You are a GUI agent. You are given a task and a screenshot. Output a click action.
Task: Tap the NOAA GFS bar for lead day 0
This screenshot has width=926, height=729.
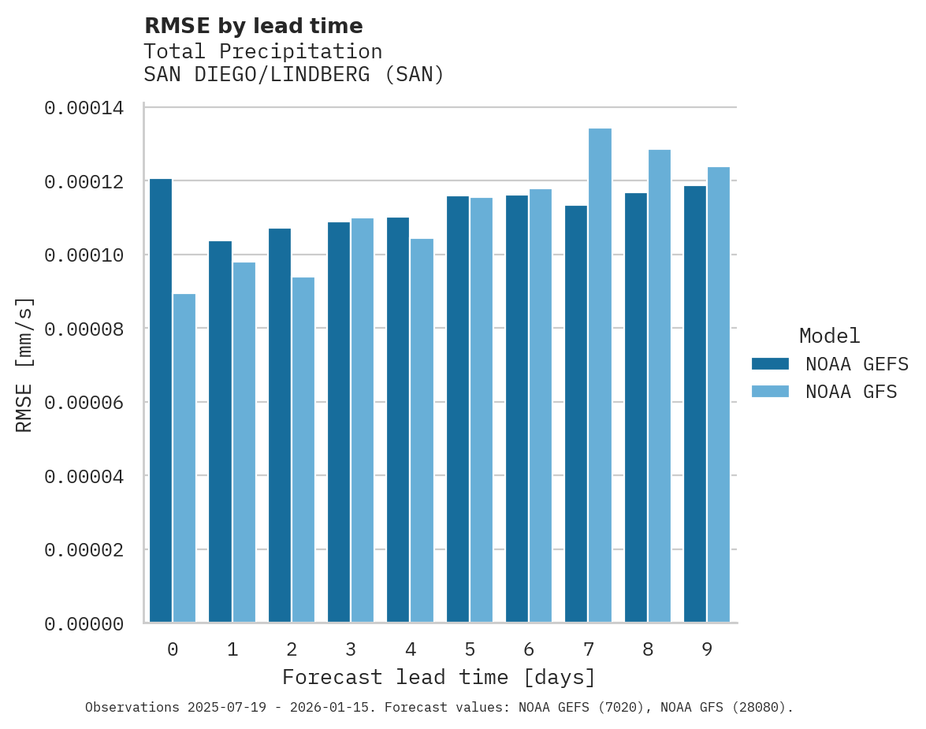(184, 458)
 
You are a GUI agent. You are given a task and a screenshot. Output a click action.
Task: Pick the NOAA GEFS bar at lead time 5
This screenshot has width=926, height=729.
(458, 409)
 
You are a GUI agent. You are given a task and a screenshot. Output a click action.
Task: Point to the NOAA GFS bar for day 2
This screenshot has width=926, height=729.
(303, 449)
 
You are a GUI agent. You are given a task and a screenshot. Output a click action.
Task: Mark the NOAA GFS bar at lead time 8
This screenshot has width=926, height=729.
(660, 385)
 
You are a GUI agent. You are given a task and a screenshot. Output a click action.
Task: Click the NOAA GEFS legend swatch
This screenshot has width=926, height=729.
(770, 363)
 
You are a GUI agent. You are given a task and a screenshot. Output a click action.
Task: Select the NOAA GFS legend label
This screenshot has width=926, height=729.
(851, 392)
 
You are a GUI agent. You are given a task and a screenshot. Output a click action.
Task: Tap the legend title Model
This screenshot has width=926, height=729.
(829, 336)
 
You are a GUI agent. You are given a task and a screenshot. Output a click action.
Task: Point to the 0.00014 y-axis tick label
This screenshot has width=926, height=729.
(84, 108)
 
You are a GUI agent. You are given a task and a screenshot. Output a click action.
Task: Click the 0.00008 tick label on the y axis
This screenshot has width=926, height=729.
(84, 329)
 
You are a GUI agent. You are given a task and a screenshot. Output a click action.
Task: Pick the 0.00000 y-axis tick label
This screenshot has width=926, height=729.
(84, 624)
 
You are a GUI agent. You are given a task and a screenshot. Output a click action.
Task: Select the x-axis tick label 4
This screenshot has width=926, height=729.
(411, 650)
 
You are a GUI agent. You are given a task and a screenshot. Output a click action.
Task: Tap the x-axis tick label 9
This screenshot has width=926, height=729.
(707, 650)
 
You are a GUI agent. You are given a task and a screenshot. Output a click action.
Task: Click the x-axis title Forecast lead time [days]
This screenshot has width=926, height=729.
(439, 677)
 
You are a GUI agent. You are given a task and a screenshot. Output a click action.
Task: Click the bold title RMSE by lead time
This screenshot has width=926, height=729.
(254, 26)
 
